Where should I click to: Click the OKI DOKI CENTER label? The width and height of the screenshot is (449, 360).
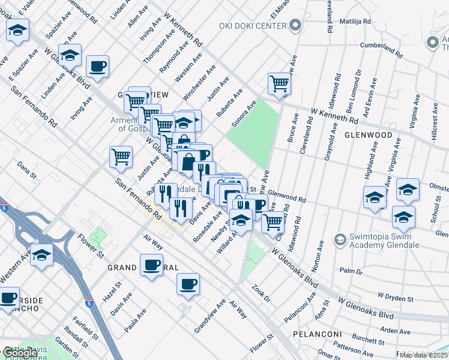[x=255, y=26]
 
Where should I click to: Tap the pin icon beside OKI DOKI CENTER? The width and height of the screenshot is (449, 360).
[x=294, y=26]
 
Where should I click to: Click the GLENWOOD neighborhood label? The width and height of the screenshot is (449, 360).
[x=368, y=136]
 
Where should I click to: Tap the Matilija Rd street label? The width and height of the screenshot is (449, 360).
[x=355, y=21]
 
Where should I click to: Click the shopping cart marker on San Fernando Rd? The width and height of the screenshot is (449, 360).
[x=121, y=157]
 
